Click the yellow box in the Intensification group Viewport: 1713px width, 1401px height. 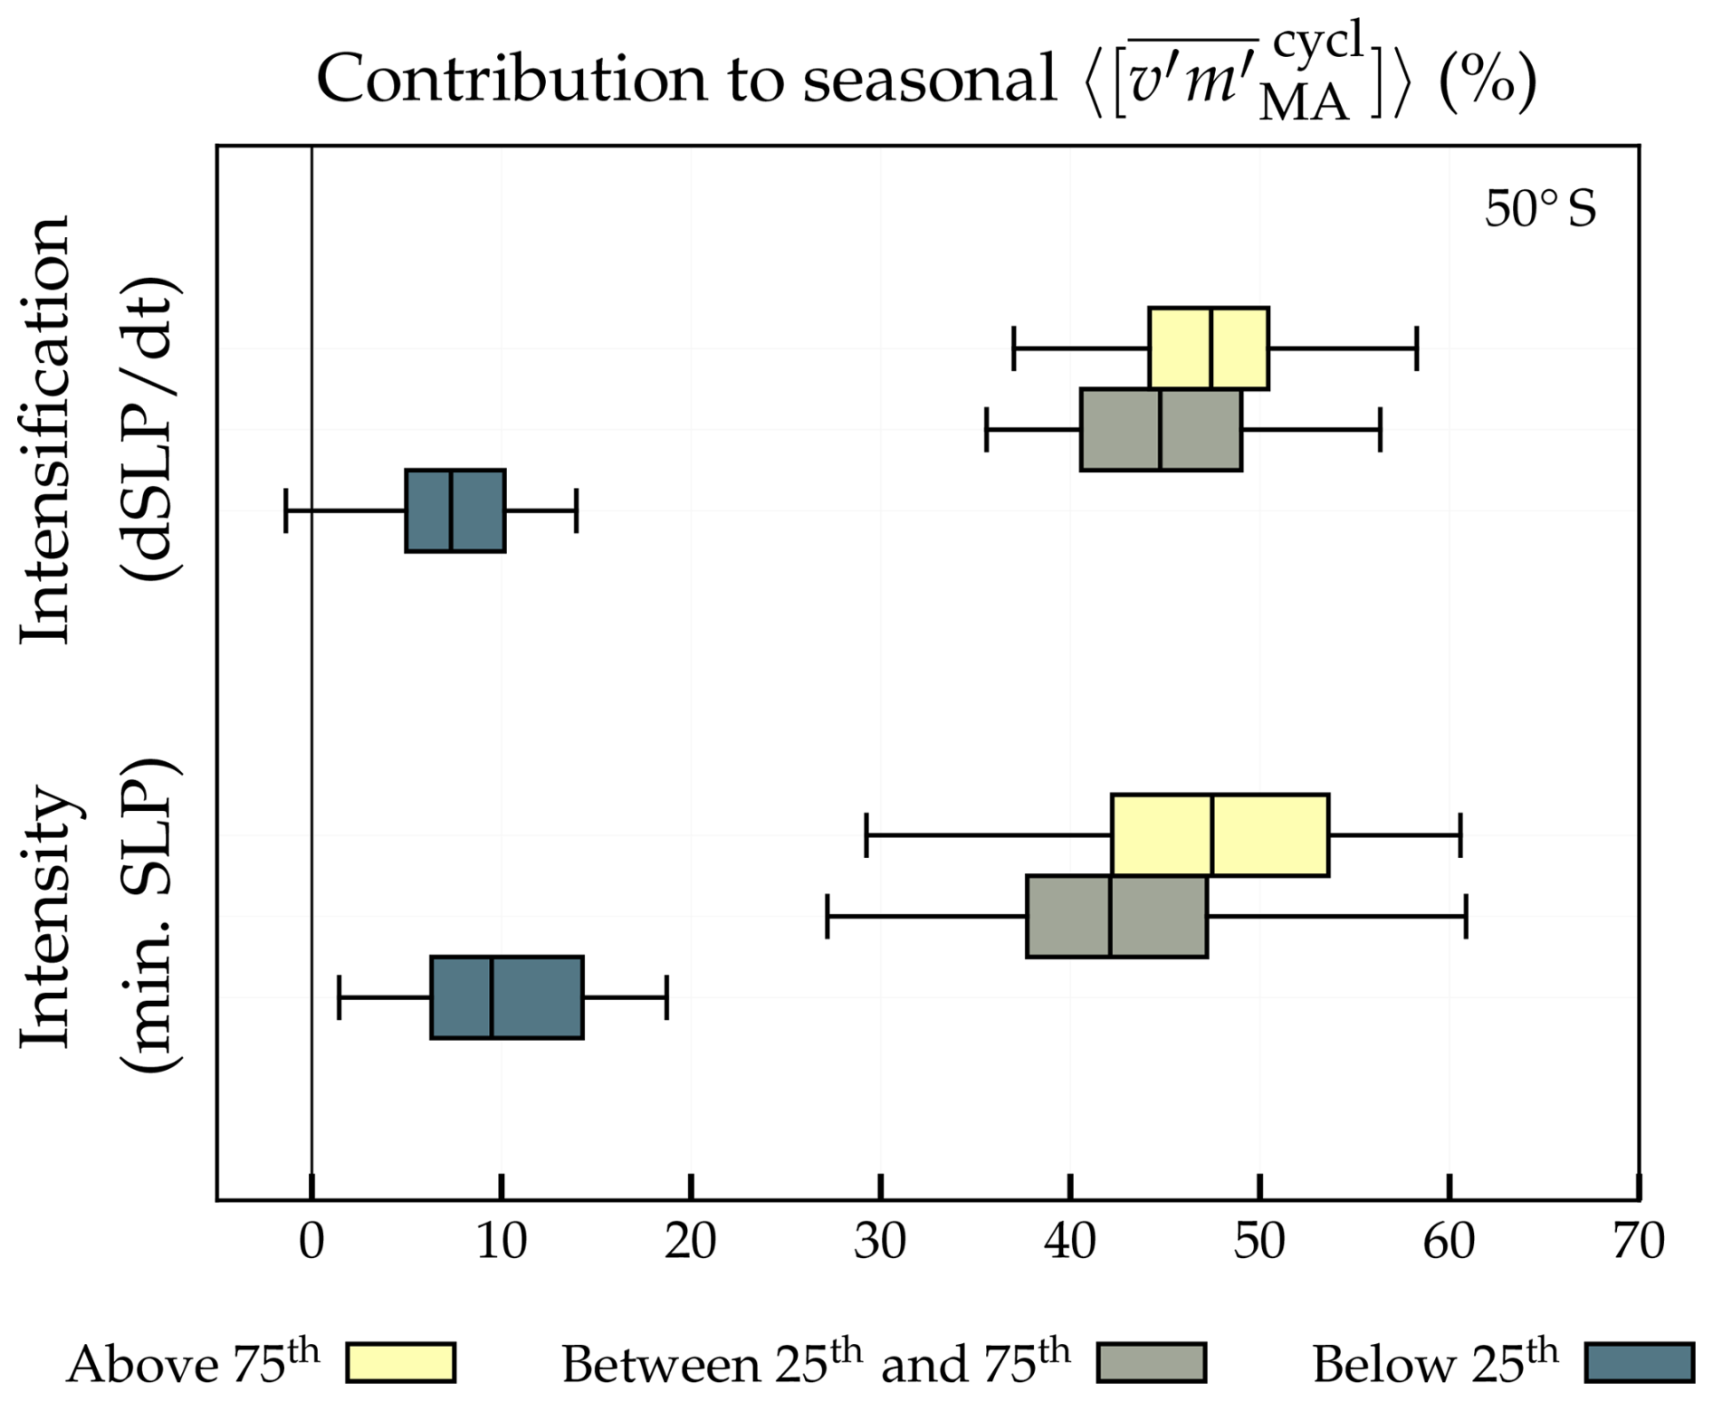(1208, 348)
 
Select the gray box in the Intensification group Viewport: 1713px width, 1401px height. (1160, 430)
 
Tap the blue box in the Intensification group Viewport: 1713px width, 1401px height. (455, 510)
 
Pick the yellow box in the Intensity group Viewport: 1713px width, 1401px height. (1220, 834)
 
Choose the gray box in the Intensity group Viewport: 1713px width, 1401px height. (1116, 916)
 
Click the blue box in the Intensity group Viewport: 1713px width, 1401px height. (506, 996)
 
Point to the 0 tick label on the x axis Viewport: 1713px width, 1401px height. (311, 1242)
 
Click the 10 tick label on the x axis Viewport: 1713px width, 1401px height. (501, 1242)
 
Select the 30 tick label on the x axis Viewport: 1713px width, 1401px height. (880, 1242)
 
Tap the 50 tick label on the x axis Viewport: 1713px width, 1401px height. (1259, 1242)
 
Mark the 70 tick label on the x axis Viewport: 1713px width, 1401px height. (1639, 1242)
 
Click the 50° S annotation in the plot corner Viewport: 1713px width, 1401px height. (1539, 209)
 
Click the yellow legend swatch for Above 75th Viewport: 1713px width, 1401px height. (400, 1362)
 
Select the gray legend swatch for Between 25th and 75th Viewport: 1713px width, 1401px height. (1151, 1362)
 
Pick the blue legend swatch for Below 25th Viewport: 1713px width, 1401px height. (1639, 1362)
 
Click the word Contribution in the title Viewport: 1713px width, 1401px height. (512, 79)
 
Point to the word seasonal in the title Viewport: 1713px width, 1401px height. (929, 79)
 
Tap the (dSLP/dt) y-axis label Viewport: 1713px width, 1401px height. (149, 430)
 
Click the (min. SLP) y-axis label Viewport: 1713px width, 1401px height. (149, 914)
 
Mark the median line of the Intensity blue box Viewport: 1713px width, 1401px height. (491, 996)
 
